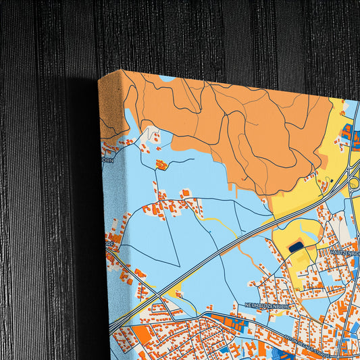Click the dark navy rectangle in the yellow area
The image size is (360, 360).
[296, 248]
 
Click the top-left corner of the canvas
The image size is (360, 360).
[99, 79]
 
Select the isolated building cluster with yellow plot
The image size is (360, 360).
[161, 164]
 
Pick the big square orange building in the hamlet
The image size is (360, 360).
[184, 194]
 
